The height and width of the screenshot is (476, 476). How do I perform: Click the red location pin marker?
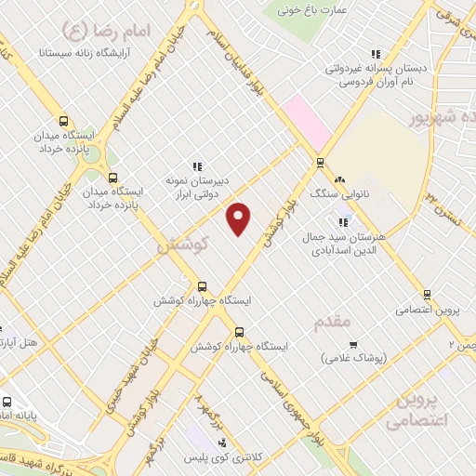[240, 218]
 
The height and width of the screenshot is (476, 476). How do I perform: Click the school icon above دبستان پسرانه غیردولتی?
[376, 54]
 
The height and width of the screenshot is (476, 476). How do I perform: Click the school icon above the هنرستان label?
[344, 222]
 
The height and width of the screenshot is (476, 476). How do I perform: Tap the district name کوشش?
[181, 245]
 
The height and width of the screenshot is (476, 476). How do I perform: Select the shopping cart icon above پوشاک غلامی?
[326, 357]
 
